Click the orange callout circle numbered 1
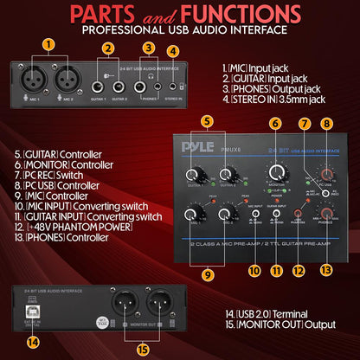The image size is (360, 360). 48,43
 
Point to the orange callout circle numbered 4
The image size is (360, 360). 173,50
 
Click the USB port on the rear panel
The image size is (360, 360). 34,309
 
